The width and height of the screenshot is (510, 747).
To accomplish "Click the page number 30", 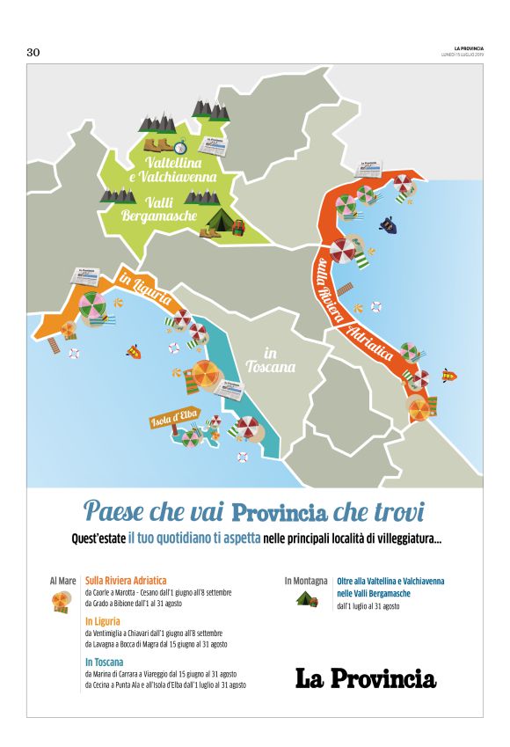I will coord(33,53).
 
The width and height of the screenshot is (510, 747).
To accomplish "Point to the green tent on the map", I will coord(220,220).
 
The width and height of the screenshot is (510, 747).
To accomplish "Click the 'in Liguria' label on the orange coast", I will coord(144,289).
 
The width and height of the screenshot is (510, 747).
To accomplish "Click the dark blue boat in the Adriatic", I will coord(388,225).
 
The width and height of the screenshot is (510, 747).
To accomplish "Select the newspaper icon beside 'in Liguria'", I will coord(88,277).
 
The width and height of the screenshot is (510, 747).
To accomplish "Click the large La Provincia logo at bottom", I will coord(365,678).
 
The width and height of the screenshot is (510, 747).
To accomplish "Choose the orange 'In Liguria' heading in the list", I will coord(103,621).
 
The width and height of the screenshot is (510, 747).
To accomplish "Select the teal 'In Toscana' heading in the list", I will coord(104,662).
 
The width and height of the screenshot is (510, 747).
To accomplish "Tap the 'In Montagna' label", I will coord(305,581).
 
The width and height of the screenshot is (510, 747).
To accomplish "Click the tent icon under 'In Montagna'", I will coord(305,598).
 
